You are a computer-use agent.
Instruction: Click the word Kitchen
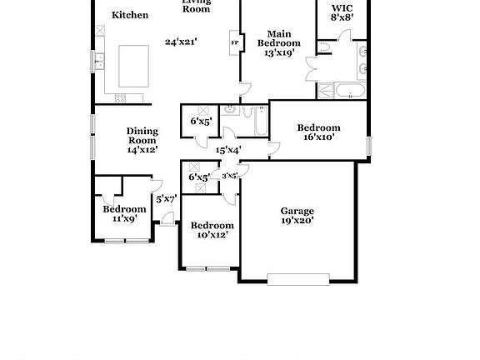[x=130, y=15]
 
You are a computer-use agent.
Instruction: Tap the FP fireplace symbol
[x=233, y=42]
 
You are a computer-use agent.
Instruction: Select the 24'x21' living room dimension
[x=180, y=42]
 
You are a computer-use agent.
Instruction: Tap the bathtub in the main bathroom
[x=343, y=90]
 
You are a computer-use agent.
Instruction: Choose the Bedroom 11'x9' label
[x=124, y=213]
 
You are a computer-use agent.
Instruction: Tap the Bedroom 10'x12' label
[x=212, y=230]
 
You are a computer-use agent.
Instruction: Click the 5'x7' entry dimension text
[x=166, y=198]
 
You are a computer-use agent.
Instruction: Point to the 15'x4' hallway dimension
[x=228, y=150]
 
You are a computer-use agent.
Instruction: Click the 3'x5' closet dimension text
[x=229, y=176]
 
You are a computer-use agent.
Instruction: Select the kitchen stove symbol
[x=119, y=98]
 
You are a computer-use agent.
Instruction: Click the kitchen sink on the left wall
[x=98, y=60]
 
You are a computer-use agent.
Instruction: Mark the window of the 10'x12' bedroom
[x=207, y=268]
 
